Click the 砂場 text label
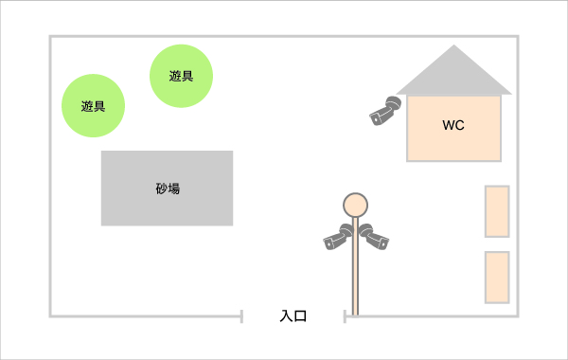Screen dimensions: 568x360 tap(168, 189)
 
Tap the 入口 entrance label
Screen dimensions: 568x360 tap(293, 316)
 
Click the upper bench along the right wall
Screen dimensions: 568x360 tap(497, 211)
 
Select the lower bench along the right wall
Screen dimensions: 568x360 tap(497, 278)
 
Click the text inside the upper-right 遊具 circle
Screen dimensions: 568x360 tap(182, 76)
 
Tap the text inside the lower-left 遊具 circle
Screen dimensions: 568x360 tap(94, 106)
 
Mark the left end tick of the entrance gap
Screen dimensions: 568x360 tap(241, 315)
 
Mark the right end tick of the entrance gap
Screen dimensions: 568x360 tap(345, 315)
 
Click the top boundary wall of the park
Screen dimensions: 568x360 tap(284, 37)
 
